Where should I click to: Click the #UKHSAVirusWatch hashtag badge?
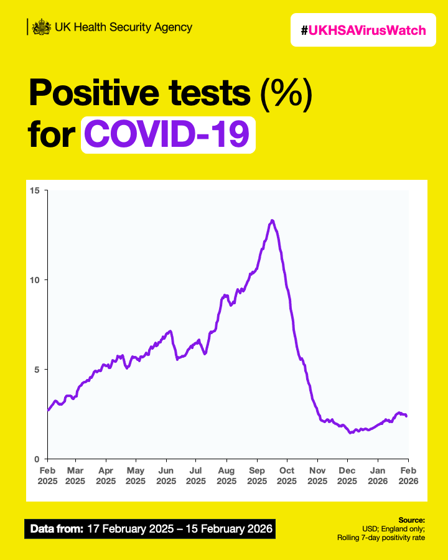point(364,30)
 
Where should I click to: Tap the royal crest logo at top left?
point(42,27)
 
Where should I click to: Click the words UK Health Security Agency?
point(123,27)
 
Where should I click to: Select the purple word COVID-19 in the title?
point(168,134)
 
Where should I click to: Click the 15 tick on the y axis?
point(35,190)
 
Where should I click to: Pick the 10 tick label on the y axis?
point(35,280)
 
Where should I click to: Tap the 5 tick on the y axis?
point(37,370)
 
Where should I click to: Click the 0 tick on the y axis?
point(37,459)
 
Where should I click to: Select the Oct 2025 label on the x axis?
point(287,476)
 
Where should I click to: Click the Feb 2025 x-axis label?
point(48,476)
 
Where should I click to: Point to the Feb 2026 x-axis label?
point(408,476)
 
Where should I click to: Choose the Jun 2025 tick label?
point(166,476)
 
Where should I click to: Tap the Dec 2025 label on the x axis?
point(347,476)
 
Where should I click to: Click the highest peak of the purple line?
point(272,220)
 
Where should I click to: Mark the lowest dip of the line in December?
point(351,432)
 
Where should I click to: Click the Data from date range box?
point(149,530)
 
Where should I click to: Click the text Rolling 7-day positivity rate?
point(381,538)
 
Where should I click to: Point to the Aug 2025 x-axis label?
point(226,476)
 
